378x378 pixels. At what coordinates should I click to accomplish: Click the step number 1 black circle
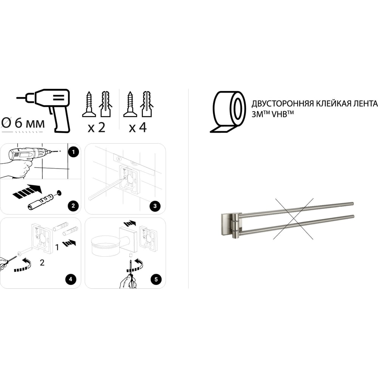click(73, 152)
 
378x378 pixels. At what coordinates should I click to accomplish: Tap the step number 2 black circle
click(73, 206)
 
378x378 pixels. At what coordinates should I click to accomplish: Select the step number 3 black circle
click(155, 206)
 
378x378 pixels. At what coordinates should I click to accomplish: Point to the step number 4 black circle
click(71, 279)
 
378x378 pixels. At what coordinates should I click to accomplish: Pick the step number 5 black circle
click(156, 279)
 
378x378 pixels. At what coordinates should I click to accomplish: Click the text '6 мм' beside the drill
click(29, 123)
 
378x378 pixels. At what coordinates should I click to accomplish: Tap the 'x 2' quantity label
click(96, 127)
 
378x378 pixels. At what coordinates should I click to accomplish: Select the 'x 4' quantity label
click(138, 127)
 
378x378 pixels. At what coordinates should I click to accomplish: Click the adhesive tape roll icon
click(228, 112)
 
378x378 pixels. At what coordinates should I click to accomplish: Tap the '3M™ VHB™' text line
click(273, 114)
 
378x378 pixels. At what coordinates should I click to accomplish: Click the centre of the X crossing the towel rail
click(293, 218)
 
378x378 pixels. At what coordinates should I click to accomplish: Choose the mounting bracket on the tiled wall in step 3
click(129, 180)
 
